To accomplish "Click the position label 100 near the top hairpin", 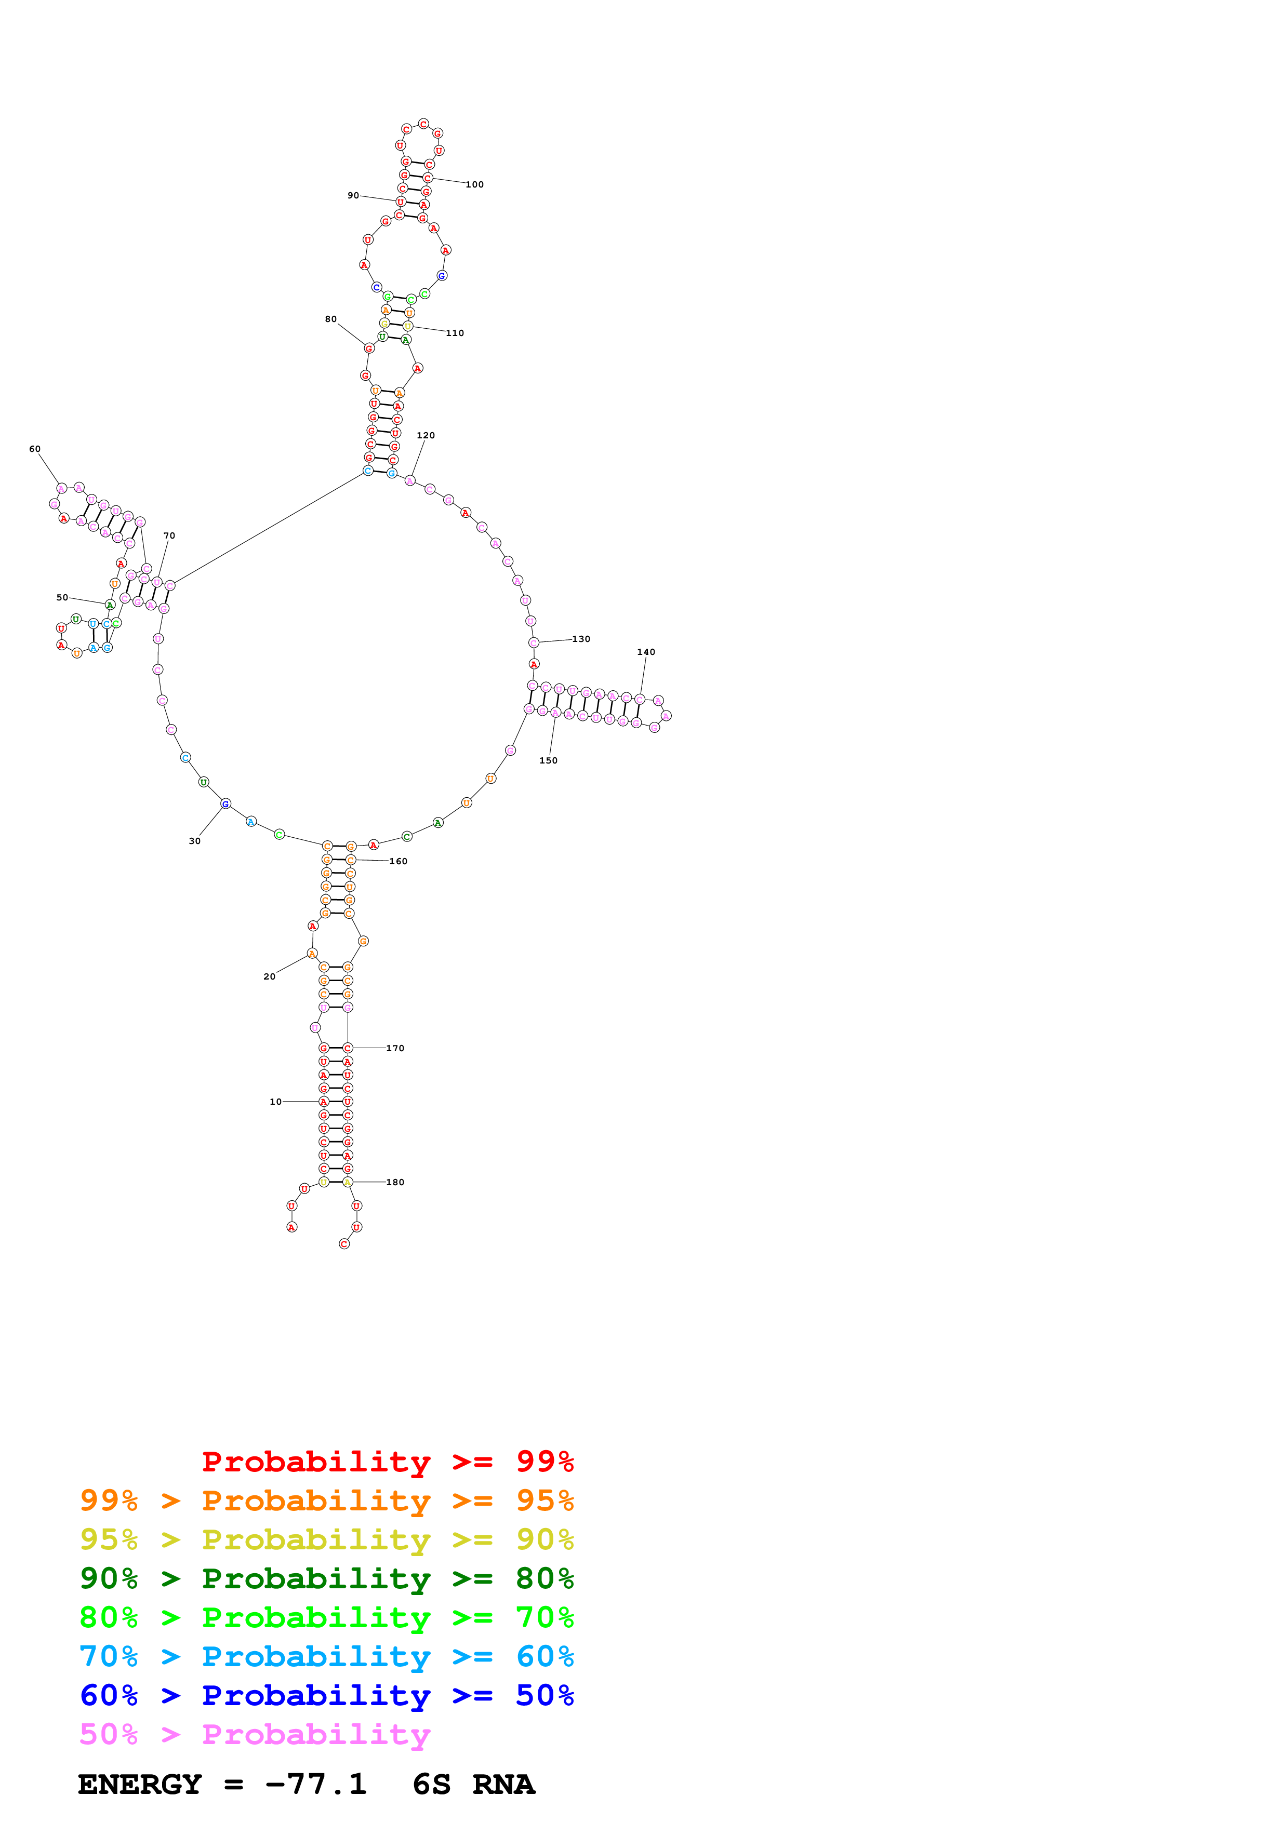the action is point(474,185).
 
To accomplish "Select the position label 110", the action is point(455,333).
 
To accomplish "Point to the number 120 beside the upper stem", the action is point(426,436).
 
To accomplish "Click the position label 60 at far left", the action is point(35,449).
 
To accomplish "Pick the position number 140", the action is point(646,652).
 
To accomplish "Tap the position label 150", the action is point(548,760).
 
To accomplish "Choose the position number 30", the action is point(194,841).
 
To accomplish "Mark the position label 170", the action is point(395,1048).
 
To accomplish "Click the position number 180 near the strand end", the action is point(395,1183).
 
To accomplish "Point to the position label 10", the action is point(275,1102).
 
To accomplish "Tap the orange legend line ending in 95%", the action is point(326,1501).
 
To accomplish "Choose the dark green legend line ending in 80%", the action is point(326,1578).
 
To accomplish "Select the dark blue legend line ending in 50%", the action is point(326,1695).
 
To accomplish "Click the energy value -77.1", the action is point(316,1784).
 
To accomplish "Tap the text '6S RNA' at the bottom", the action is point(474,1784).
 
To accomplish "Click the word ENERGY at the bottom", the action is point(140,1784).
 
